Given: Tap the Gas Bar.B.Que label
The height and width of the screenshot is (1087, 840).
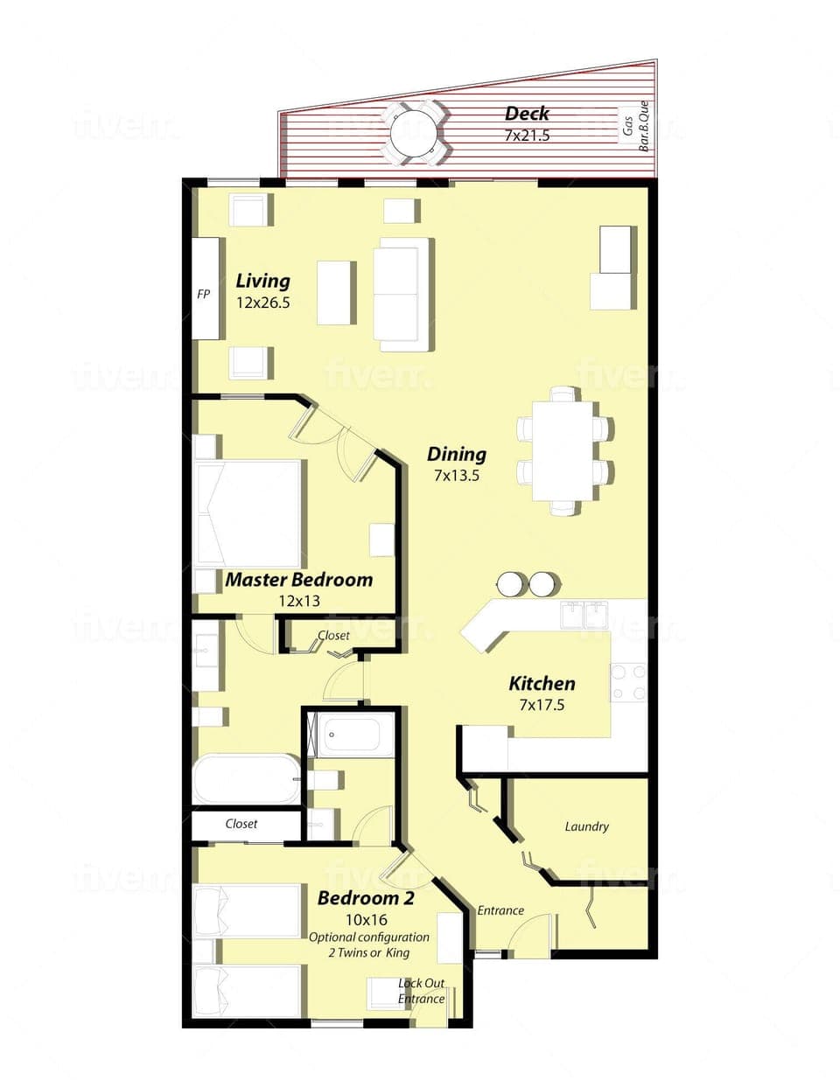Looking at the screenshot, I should pyautogui.click(x=635, y=127).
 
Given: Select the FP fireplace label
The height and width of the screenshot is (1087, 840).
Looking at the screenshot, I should pyautogui.click(x=204, y=295).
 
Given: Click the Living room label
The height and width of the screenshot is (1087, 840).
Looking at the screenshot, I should pyautogui.click(x=262, y=281).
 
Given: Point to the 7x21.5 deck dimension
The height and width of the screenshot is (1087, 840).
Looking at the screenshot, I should pyautogui.click(x=527, y=136).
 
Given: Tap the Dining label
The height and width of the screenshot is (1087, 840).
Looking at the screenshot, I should pyautogui.click(x=457, y=454).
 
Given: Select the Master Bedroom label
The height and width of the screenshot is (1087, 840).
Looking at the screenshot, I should pyautogui.click(x=299, y=580).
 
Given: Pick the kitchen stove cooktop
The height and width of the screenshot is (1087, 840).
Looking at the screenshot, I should pyautogui.click(x=627, y=683).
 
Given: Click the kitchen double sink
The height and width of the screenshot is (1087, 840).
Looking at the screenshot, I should pyautogui.click(x=584, y=615).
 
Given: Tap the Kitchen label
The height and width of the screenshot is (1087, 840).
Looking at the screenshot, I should pyautogui.click(x=542, y=684).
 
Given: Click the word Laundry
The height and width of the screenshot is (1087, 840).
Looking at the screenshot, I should pyautogui.click(x=586, y=826).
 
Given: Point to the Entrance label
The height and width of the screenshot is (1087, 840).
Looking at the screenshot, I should pyautogui.click(x=500, y=910).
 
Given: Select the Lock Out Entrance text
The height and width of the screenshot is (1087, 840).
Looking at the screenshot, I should pyautogui.click(x=422, y=991).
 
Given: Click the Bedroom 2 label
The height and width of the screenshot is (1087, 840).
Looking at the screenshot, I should pyautogui.click(x=366, y=898).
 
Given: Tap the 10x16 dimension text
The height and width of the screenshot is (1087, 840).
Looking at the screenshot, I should pyautogui.click(x=367, y=920).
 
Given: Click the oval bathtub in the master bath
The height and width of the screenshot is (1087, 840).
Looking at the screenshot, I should pyautogui.click(x=246, y=778).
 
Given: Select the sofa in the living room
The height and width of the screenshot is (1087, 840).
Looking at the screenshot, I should pyautogui.click(x=402, y=294).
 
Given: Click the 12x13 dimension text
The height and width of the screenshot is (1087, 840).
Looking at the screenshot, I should pyautogui.click(x=299, y=601).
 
